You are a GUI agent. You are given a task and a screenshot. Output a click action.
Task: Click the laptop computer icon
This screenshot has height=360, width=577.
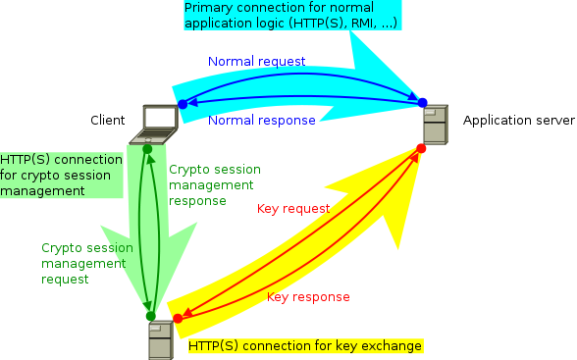159,124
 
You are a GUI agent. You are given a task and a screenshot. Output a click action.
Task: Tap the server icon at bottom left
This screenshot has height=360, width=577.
161,340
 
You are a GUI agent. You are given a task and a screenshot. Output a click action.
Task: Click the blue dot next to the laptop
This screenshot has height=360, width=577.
183,104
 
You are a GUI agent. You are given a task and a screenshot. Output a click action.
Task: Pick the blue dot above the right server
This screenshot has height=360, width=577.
423,102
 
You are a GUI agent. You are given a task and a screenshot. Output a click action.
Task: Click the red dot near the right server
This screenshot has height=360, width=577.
421,148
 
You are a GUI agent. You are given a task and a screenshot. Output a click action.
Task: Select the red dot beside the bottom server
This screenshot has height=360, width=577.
178,318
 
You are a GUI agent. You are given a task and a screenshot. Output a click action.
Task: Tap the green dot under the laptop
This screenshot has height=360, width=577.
147,150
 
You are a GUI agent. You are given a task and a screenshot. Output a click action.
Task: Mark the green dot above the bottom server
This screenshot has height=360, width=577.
150,316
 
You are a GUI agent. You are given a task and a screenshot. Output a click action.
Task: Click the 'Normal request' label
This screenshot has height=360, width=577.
257,62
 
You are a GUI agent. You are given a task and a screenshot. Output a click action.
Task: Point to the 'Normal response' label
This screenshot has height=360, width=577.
262,121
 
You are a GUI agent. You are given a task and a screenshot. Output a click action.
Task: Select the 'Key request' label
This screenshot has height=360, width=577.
292,209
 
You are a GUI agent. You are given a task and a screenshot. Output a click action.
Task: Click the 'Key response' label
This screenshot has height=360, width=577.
308,297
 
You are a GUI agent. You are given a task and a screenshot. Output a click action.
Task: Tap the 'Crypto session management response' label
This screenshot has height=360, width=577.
211,185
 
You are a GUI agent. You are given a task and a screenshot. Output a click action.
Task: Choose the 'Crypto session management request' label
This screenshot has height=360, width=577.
86,264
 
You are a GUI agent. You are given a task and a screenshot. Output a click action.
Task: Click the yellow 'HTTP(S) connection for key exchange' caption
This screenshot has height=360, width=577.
305,346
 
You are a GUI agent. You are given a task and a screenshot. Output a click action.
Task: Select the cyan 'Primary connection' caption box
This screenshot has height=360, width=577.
290,15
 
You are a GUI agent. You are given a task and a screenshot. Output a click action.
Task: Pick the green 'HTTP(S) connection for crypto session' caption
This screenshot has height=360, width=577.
61,176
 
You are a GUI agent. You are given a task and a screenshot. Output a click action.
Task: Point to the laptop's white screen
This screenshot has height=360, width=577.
160,119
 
